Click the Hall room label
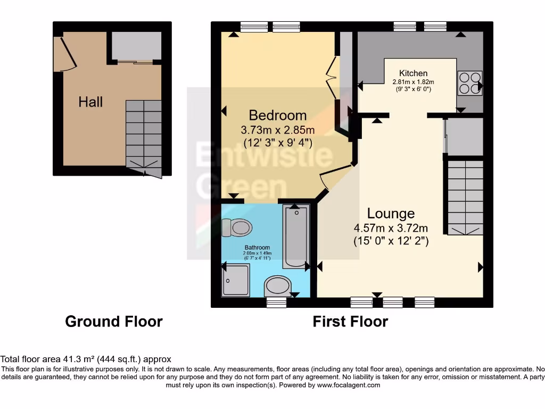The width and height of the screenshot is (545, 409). click(x=90, y=102)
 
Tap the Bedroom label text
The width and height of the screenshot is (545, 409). click(x=278, y=115)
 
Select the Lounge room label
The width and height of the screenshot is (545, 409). click(x=391, y=214)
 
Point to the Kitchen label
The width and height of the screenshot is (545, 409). click(x=414, y=73)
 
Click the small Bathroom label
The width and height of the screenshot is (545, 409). click(x=257, y=248)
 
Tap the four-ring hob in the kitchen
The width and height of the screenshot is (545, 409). click(x=469, y=83)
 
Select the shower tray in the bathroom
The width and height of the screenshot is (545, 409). click(x=235, y=280)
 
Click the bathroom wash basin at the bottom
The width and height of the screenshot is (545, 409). click(x=277, y=286)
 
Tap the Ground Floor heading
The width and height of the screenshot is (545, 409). click(x=114, y=321)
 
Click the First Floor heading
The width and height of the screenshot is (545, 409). click(x=350, y=322)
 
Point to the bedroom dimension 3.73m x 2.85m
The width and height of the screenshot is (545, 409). click(x=278, y=130)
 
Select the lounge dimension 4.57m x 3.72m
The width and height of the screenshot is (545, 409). click(x=391, y=228)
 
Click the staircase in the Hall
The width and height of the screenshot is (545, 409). click(x=144, y=133)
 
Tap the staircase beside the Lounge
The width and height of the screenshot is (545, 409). click(x=465, y=194)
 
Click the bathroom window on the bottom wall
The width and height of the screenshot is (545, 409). click(x=276, y=303)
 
